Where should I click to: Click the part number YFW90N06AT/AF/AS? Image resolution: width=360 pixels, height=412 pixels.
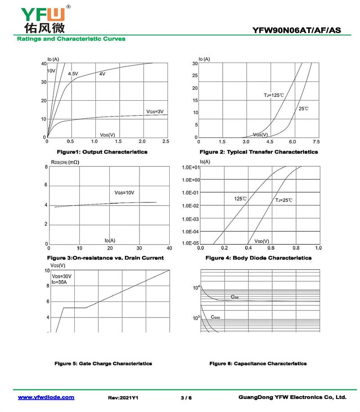click(297, 31)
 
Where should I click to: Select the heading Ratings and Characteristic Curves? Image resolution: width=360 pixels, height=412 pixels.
click(71, 39)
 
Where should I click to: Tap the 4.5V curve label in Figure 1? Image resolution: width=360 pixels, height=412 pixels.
click(73, 73)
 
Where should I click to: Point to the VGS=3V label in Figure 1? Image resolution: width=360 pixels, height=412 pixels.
click(155, 111)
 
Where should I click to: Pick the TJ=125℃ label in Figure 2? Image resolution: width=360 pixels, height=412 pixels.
click(274, 95)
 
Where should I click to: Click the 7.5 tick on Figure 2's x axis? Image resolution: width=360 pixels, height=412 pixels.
click(316, 142)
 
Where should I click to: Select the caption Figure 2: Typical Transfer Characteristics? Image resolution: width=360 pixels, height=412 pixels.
click(258, 152)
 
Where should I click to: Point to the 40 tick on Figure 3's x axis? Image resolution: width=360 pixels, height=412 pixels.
click(169, 248)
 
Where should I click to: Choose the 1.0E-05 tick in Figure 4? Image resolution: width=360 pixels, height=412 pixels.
click(189, 244)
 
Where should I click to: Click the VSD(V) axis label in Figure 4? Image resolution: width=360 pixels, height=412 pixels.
click(261, 241)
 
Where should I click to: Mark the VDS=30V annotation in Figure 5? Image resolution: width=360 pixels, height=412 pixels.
click(62, 276)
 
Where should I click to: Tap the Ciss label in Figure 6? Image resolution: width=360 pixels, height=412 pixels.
click(234, 297)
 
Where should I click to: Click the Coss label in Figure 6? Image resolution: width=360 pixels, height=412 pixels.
click(215, 317)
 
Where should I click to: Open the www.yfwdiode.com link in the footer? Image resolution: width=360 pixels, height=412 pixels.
click(46, 398)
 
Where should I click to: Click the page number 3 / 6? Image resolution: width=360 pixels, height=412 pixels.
click(186, 398)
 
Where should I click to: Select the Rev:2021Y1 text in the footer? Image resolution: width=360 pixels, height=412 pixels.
click(123, 398)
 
